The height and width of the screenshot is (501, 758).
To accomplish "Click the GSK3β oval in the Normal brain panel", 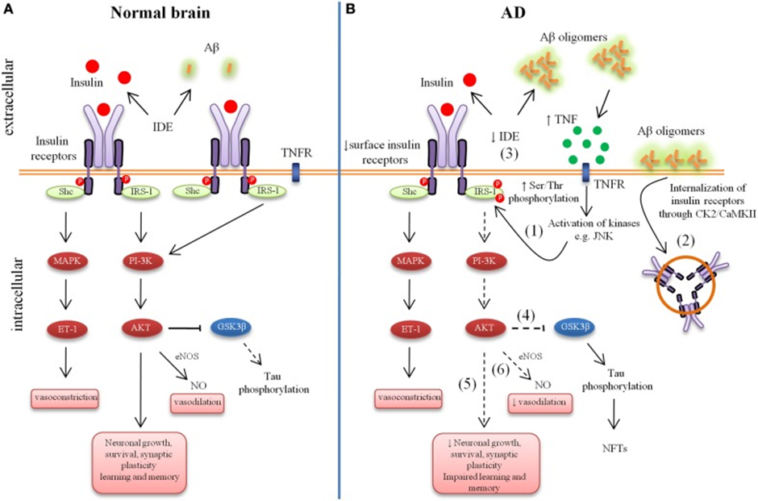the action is [x=231, y=328].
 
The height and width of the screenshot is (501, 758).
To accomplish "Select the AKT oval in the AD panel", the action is [x=485, y=328].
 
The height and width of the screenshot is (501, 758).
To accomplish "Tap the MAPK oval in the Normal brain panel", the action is [x=66, y=261].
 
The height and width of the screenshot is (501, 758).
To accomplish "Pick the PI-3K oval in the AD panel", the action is [x=485, y=261].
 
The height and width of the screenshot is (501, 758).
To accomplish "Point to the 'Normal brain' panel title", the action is [x=160, y=12].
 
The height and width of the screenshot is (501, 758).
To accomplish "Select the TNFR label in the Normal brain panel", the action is [x=296, y=153].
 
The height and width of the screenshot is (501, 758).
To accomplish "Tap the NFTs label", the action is [x=615, y=449].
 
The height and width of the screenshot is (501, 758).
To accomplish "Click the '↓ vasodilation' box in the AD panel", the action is [x=540, y=403].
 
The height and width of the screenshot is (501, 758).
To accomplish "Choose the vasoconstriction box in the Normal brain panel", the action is [x=65, y=399].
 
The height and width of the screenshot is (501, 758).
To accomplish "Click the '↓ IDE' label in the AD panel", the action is [x=505, y=137].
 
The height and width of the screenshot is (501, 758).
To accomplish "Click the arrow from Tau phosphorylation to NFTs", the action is [x=614, y=414].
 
